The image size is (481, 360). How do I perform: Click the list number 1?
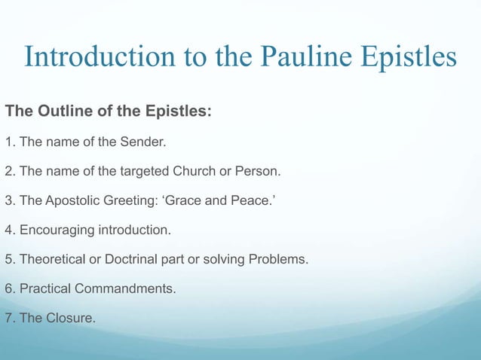(9, 142)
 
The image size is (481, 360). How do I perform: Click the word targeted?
(148, 172)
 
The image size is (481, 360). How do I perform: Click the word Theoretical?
(54, 260)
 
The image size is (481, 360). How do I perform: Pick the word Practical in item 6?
(44, 289)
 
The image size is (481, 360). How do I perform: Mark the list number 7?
(9, 319)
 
